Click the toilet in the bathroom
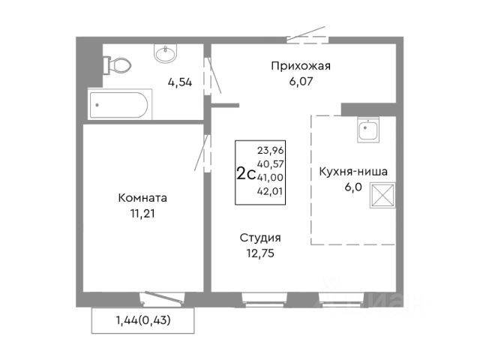click(117, 65)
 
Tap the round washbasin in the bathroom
click(165, 53)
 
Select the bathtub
click(120, 104)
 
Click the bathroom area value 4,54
click(180, 82)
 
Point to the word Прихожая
click(301, 66)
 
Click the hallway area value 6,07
click(301, 82)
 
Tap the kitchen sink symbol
click(368, 130)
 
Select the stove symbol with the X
click(382, 196)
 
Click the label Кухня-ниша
click(353, 172)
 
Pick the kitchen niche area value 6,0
click(353, 187)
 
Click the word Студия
click(260, 238)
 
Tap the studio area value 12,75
click(260, 253)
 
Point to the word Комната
click(142, 198)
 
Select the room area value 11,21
click(142, 214)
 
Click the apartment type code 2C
click(246, 174)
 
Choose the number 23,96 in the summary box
click(270, 151)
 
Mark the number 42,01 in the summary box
click(270, 191)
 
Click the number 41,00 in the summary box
click(270, 178)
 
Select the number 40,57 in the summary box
click(270, 164)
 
